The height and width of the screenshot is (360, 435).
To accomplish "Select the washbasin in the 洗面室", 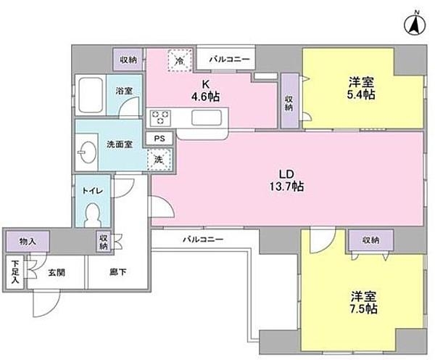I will click(88, 152).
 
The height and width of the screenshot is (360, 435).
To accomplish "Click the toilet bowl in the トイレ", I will click(92, 215).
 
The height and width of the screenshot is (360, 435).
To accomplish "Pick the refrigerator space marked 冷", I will click(178, 60).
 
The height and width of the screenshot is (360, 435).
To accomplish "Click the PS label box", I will click(159, 137).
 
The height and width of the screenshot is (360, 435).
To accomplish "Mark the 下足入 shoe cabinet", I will click(14, 273).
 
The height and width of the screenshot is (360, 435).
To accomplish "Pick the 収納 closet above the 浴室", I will click(128, 60).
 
